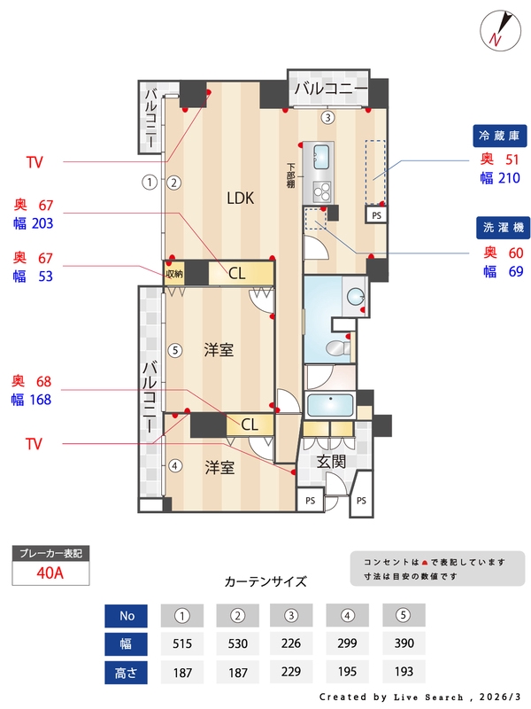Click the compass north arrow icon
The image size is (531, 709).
[497, 29]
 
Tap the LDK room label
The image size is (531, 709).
[240, 199]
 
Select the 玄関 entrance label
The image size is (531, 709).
[333, 461]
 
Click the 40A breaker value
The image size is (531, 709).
[50, 572]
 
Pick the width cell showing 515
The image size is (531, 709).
[182, 643]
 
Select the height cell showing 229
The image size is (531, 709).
[293, 673]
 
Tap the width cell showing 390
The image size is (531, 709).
[404, 643]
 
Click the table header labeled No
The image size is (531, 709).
[127, 615]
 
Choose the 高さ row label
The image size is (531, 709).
[127, 673]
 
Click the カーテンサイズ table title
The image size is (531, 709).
[265, 581]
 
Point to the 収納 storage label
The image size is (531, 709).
[173, 274]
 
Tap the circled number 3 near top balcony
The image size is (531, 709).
[327, 117]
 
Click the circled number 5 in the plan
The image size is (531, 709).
[175, 350]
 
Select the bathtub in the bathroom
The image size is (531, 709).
[330, 406]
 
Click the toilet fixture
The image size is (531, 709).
[337, 347]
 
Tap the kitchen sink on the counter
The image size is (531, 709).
[319, 159]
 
